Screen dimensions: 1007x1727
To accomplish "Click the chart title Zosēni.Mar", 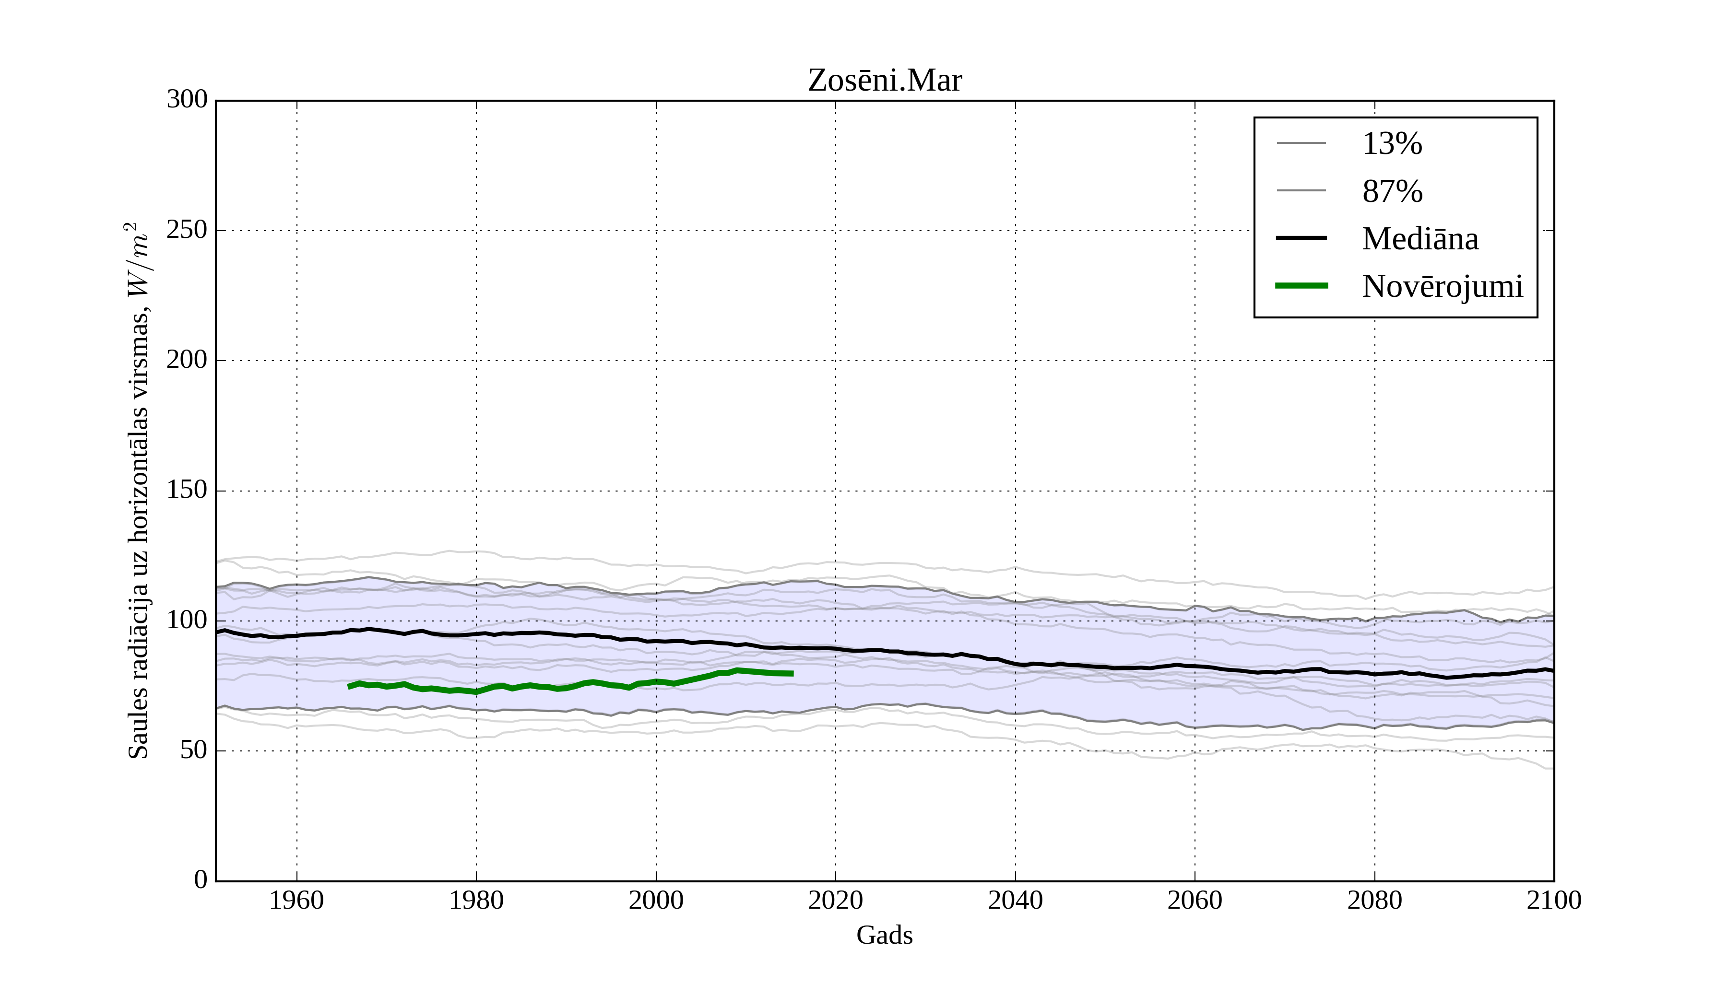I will click(x=885, y=81).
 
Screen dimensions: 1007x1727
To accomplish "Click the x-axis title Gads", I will click(x=884, y=935).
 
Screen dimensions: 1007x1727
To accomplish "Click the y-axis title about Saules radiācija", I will click(x=139, y=491).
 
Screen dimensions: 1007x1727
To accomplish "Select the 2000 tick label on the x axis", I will click(x=656, y=900).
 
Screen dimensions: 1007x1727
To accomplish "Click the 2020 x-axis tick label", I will click(x=835, y=900).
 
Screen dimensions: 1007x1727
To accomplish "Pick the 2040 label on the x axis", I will click(x=1015, y=900).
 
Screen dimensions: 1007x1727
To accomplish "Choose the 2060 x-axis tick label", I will click(x=1195, y=900).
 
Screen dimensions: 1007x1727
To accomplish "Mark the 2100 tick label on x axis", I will click(x=1554, y=900).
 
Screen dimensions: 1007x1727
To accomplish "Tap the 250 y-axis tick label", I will click(x=187, y=230).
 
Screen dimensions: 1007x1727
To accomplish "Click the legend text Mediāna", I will click(x=1420, y=239).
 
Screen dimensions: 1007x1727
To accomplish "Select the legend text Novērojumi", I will click(x=1442, y=286).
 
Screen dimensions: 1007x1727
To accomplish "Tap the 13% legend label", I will click(x=1392, y=144).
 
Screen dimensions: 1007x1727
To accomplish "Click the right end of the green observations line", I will click(x=792, y=673).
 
